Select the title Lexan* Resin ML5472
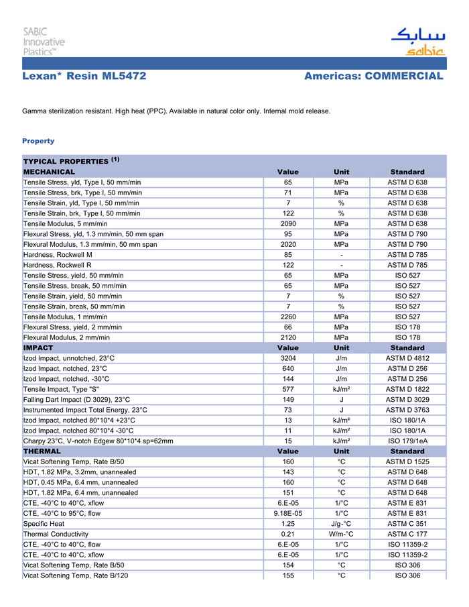point(84,76)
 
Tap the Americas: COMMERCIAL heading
point(373,76)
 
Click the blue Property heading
point(38,141)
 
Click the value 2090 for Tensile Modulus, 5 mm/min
point(288,223)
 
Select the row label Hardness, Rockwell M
point(58,255)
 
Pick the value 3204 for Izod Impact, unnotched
point(288,358)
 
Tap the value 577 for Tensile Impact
point(288,389)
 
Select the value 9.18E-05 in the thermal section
point(288,513)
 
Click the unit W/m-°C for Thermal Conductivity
point(341,534)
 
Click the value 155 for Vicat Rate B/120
point(288,575)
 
